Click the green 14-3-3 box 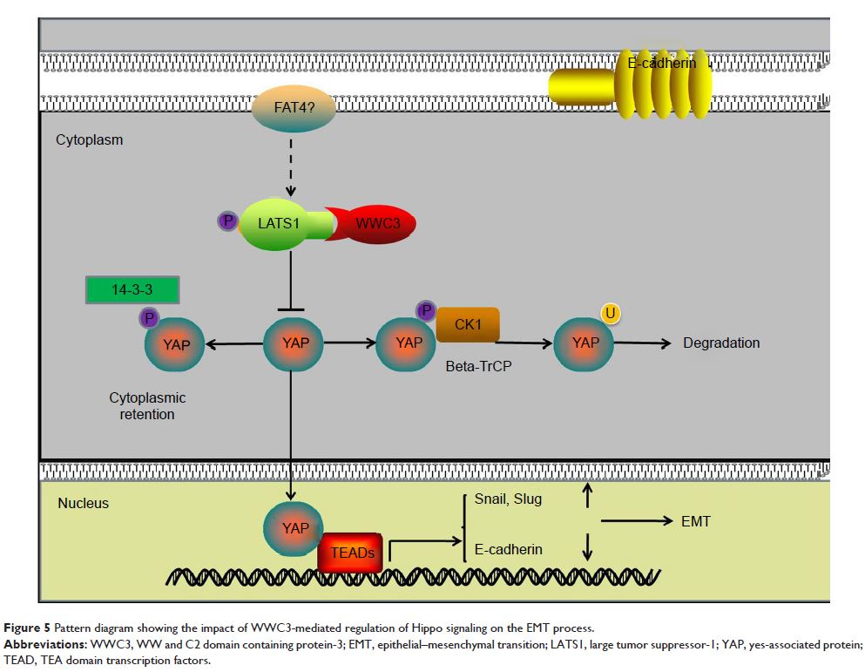pyautogui.click(x=132, y=289)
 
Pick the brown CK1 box pyautogui.click(x=468, y=325)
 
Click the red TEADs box pyautogui.click(x=351, y=552)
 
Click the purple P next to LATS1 pyautogui.click(x=228, y=221)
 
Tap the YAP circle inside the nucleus pyautogui.click(x=295, y=528)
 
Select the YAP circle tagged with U pyautogui.click(x=585, y=343)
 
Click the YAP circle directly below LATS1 pyautogui.click(x=295, y=343)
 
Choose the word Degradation pyautogui.click(x=721, y=343)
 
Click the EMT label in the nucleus pyautogui.click(x=695, y=522)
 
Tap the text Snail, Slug pyautogui.click(x=509, y=499)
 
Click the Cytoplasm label pyautogui.click(x=90, y=139)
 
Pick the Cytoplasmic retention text pyautogui.click(x=147, y=406)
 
